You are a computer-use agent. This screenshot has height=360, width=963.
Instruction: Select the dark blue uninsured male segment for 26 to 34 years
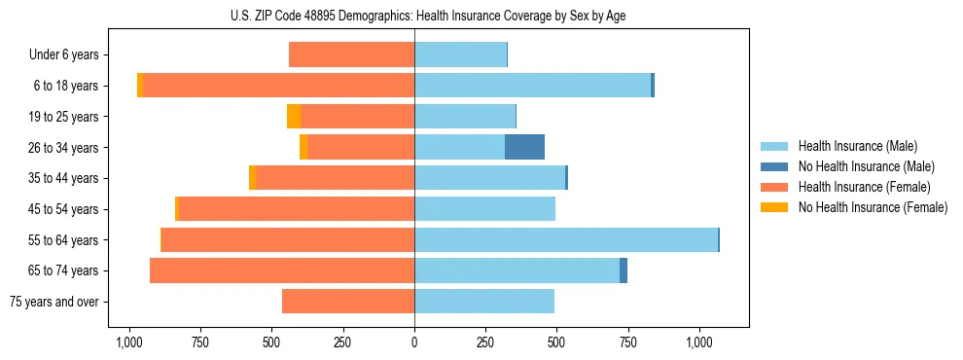(x=524, y=147)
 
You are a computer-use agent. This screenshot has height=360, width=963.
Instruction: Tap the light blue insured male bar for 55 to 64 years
(x=565, y=239)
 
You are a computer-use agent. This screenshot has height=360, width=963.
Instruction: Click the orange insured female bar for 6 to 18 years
(x=278, y=86)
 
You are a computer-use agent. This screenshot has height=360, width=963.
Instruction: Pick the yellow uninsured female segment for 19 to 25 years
(x=294, y=117)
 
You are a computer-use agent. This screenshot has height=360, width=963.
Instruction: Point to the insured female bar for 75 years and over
(x=348, y=302)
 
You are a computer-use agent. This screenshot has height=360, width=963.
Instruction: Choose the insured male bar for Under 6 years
(x=460, y=54)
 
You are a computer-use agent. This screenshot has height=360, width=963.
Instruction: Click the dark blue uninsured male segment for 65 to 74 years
(x=624, y=270)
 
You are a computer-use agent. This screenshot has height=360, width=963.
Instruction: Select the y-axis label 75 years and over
(x=53, y=302)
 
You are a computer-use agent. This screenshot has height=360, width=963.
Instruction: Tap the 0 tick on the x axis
(x=414, y=342)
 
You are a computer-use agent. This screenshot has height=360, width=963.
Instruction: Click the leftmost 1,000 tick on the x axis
(x=129, y=342)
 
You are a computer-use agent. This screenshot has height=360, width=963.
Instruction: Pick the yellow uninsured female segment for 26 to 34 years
(x=303, y=147)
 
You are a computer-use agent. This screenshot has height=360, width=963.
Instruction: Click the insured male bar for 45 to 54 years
(x=484, y=209)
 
